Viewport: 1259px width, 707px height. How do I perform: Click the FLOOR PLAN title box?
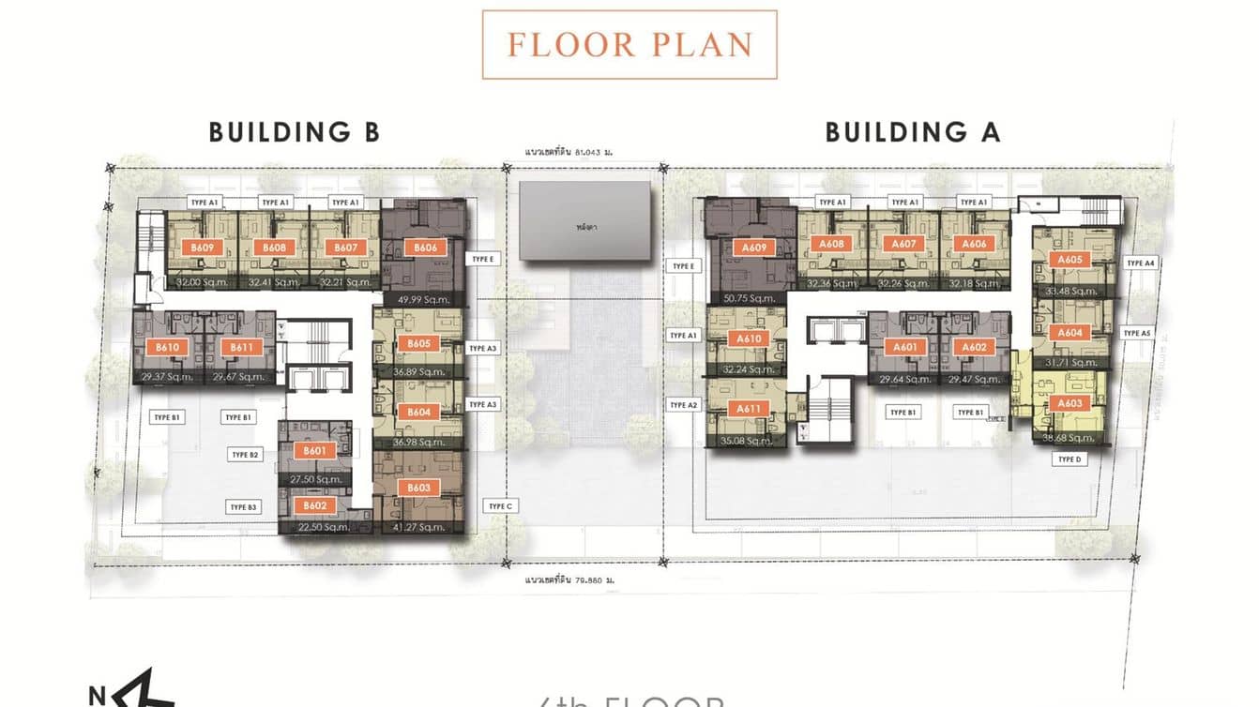(629, 44)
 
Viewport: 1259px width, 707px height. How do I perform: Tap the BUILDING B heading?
(294, 132)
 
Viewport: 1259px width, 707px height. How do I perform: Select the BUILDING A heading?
(912, 132)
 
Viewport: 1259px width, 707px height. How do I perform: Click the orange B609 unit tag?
(202, 248)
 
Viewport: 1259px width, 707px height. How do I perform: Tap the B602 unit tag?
(314, 505)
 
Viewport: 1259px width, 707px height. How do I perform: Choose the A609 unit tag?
(753, 248)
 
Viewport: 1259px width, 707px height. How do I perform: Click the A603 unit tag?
(1069, 403)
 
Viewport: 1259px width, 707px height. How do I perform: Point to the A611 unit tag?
(748, 408)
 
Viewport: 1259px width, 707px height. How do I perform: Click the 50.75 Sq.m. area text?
(750, 298)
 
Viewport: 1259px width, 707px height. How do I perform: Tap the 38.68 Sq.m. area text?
(1069, 438)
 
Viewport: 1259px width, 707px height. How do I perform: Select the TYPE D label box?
(1069, 459)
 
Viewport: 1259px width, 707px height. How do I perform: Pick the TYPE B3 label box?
(243, 507)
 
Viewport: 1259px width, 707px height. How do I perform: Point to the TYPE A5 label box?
(1136, 333)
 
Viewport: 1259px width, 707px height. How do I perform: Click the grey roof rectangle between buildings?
(585, 221)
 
